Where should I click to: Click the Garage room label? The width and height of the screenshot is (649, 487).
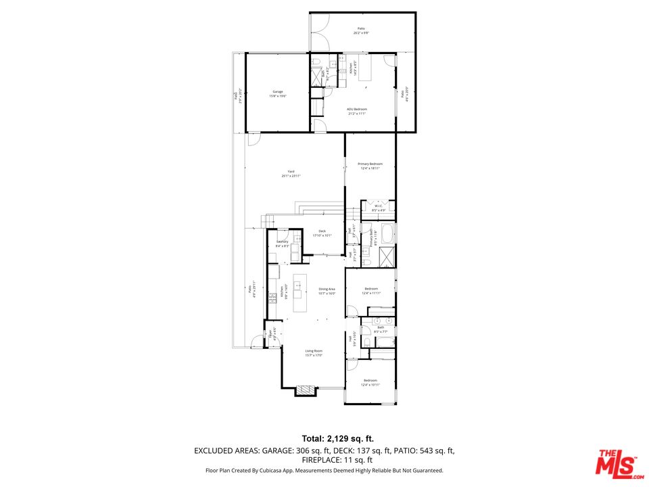click(278, 91)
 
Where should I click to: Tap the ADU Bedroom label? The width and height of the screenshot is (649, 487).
click(357, 109)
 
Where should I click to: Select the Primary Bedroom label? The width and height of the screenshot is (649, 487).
click(370, 164)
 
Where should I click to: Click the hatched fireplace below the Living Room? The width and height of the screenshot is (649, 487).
click(306, 390)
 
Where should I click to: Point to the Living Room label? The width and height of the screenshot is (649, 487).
click(314, 351)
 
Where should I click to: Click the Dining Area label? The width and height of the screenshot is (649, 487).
click(327, 289)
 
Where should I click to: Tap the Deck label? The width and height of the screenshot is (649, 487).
click(322, 231)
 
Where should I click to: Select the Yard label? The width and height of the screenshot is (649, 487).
click(291, 171)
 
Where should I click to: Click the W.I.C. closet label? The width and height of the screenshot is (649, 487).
click(379, 206)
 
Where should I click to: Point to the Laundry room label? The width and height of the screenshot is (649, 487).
click(282, 241)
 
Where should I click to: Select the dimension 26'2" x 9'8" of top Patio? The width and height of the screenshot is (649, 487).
click(361, 32)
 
